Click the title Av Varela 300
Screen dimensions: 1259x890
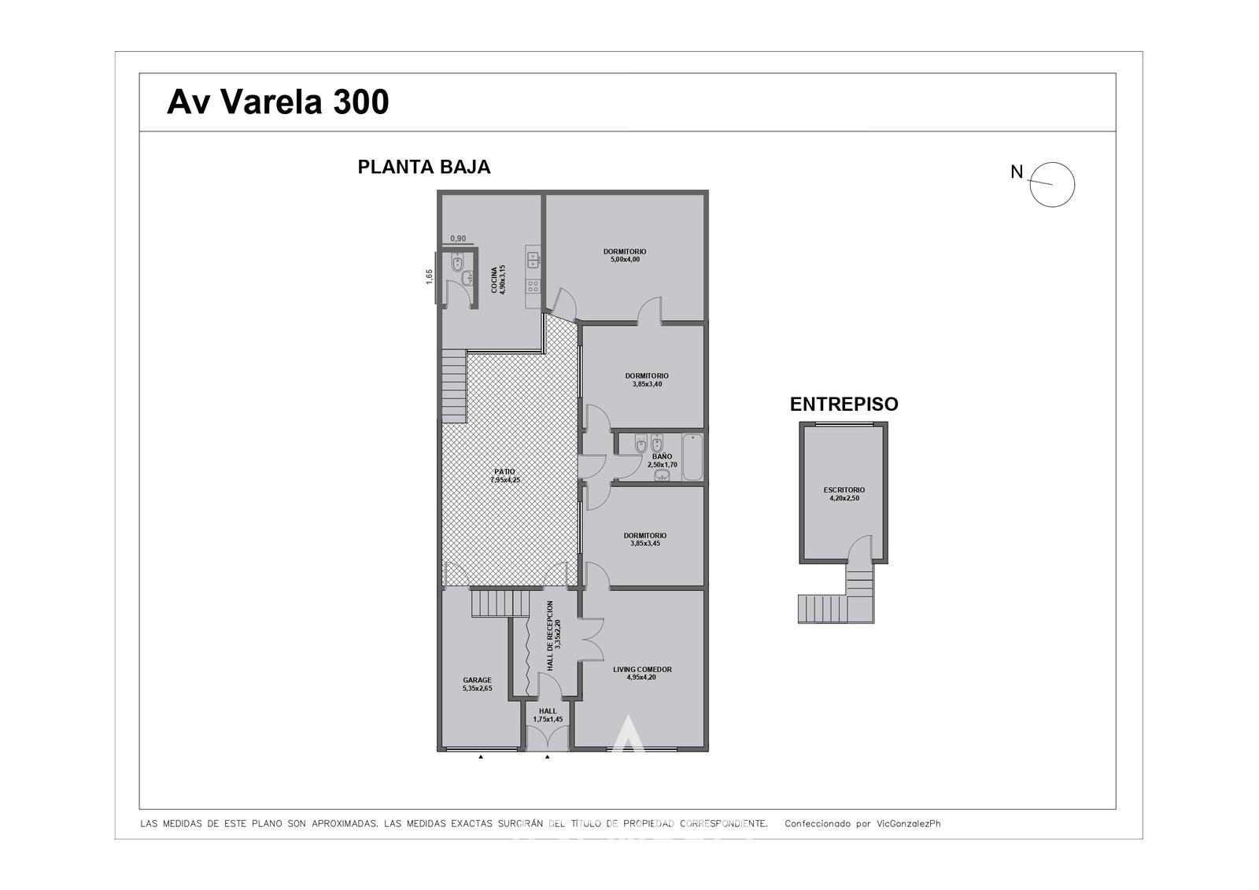pyautogui.click(x=278, y=102)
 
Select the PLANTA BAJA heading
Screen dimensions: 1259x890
pyautogui.click(x=424, y=167)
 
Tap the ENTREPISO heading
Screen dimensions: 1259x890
pyautogui.click(x=844, y=404)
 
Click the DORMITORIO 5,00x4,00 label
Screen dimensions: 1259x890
pyautogui.click(x=625, y=255)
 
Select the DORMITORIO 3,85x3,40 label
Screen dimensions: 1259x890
pyautogui.click(x=647, y=380)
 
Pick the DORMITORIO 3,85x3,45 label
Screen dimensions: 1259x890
pyautogui.click(x=645, y=539)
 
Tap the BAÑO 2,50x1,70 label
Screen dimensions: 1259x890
pyautogui.click(x=662, y=460)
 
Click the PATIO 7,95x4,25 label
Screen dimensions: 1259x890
pyautogui.click(x=504, y=475)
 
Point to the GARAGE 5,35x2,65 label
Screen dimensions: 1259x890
pyautogui.click(x=477, y=684)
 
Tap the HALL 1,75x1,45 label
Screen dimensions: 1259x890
pyautogui.click(x=548, y=715)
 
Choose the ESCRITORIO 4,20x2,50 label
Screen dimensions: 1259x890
pyautogui.click(x=844, y=493)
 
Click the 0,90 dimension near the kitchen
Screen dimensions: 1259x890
pyautogui.click(x=458, y=238)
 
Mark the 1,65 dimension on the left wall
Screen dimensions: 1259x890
pyautogui.click(x=430, y=277)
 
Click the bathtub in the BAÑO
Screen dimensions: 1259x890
pyautogui.click(x=692, y=457)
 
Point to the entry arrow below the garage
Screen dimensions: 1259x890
pyautogui.click(x=481, y=757)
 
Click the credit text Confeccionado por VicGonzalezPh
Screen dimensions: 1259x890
pyautogui.click(x=862, y=824)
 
